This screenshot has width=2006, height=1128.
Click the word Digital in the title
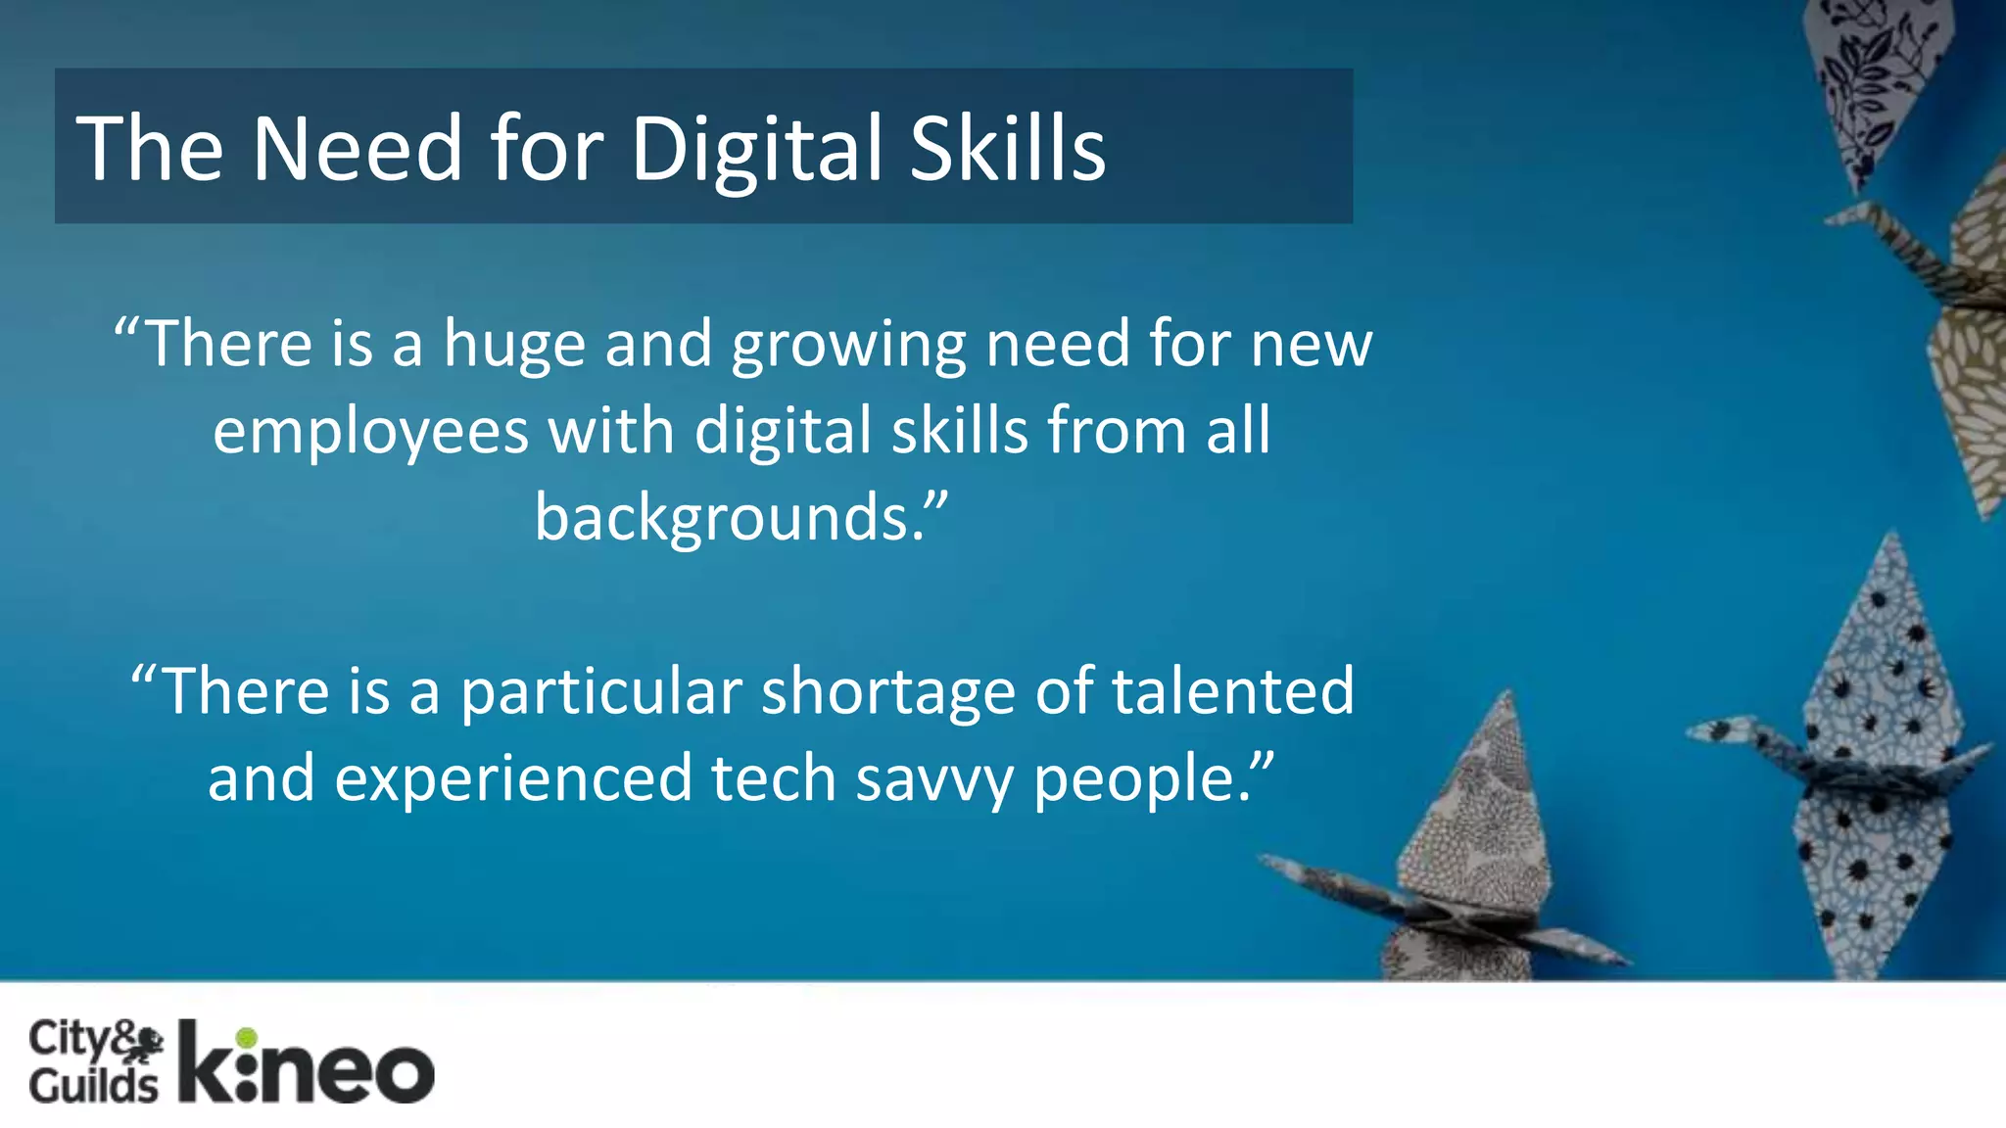pyautogui.click(x=758, y=149)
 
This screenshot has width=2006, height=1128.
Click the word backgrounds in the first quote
pyautogui.click(x=729, y=518)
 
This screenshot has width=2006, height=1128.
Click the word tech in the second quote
pyautogui.click(x=773, y=778)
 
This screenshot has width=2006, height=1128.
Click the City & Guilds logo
pyautogui.click(x=95, y=1061)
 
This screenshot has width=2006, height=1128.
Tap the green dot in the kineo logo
pyautogui.click(x=246, y=1038)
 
